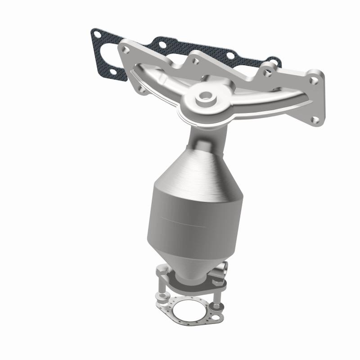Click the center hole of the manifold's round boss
[206, 96]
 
